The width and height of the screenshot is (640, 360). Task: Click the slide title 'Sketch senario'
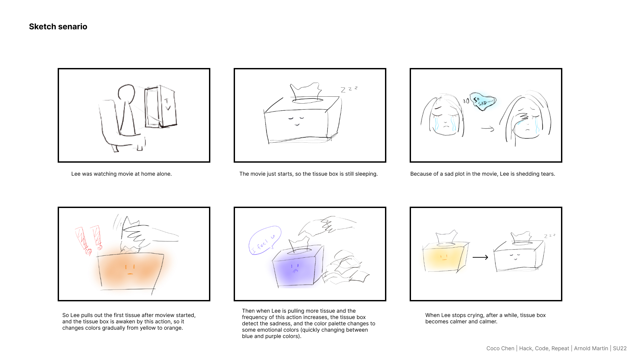tap(58, 27)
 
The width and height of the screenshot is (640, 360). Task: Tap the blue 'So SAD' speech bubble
tap(483, 101)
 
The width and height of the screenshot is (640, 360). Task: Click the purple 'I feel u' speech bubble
tap(265, 240)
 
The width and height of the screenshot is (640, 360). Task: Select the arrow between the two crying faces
tap(487, 129)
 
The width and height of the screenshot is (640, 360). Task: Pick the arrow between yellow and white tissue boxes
tap(480, 257)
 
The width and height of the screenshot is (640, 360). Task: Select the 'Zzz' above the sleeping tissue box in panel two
tap(349, 89)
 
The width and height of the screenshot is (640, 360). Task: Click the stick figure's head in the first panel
tap(127, 93)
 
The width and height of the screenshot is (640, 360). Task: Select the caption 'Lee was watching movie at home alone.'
tap(121, 174)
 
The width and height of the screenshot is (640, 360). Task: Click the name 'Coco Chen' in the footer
tap(500, 348)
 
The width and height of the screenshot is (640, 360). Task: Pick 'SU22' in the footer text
tap(620, 348)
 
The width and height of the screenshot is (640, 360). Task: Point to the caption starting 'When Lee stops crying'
tap(485, 318)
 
